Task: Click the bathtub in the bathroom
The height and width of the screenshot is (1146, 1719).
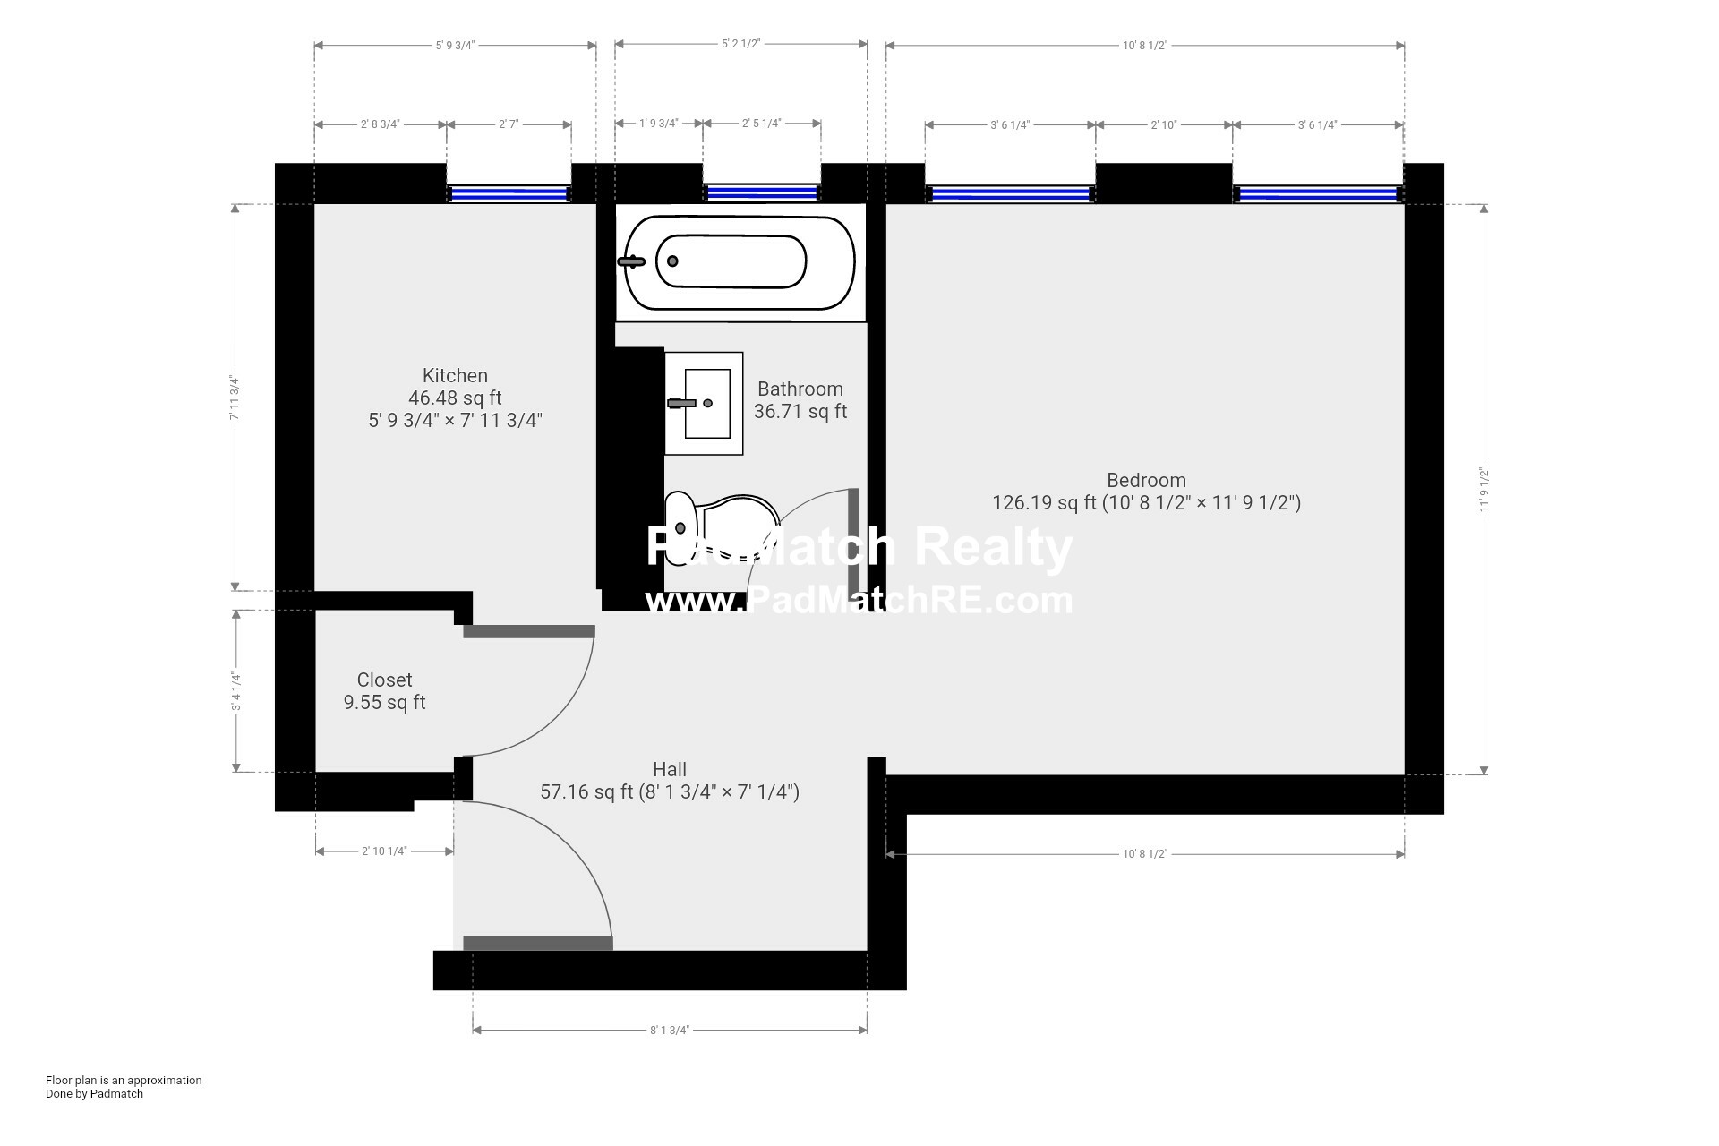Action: point(740,261)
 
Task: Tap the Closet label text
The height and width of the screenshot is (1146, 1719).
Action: point(384,680)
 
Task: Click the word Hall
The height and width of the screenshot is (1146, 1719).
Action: point(670,769)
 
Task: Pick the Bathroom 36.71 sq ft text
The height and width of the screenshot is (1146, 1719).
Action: point(800,400)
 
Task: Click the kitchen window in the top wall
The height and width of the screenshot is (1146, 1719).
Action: point(509,193)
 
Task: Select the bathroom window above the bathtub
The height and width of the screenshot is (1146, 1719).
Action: point(762,192)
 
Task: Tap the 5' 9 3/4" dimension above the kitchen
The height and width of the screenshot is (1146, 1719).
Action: point(455,45)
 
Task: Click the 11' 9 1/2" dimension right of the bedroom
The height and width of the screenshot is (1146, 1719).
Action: point(1484,490)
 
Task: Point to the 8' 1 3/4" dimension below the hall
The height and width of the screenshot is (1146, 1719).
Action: point(670,1030)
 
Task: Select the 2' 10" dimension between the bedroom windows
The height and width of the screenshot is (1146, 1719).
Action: point(1164,125)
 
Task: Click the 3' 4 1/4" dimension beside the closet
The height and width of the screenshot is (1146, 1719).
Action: point(236,691)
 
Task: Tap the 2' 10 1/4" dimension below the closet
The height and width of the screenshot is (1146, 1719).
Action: point(384,851)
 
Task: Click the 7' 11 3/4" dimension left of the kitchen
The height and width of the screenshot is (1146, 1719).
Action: point(235,398)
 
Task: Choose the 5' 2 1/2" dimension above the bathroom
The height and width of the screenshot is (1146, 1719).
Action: point(740,44)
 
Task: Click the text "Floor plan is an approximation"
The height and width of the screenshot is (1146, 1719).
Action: point(124,1081)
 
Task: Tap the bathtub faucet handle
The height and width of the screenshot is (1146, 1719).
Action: point(631,261)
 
